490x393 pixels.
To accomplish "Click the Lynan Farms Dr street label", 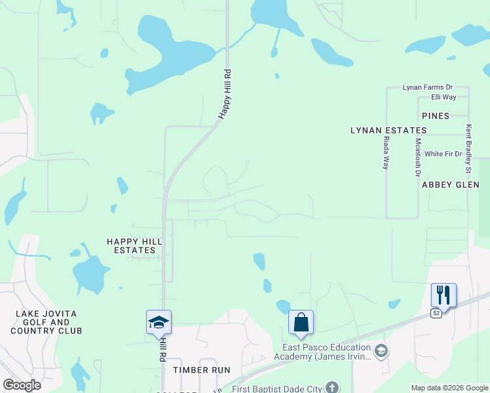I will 428,87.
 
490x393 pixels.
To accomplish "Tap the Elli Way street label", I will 443,97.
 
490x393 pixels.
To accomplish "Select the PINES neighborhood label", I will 436,116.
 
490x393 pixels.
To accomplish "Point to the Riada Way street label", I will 386,153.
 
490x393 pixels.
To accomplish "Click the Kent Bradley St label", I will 468,150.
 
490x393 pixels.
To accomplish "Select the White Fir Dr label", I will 443,154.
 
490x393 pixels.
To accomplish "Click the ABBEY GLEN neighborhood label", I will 446,185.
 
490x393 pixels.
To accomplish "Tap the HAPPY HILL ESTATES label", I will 131,246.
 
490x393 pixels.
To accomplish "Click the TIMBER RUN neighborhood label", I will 202,370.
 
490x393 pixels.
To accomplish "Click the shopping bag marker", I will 301,322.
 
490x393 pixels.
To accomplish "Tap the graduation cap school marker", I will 159,322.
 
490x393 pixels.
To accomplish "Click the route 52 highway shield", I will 436,314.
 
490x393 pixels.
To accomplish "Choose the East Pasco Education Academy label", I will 326,352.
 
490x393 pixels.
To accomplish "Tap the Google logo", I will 22,385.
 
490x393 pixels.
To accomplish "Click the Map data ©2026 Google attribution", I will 449,388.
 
